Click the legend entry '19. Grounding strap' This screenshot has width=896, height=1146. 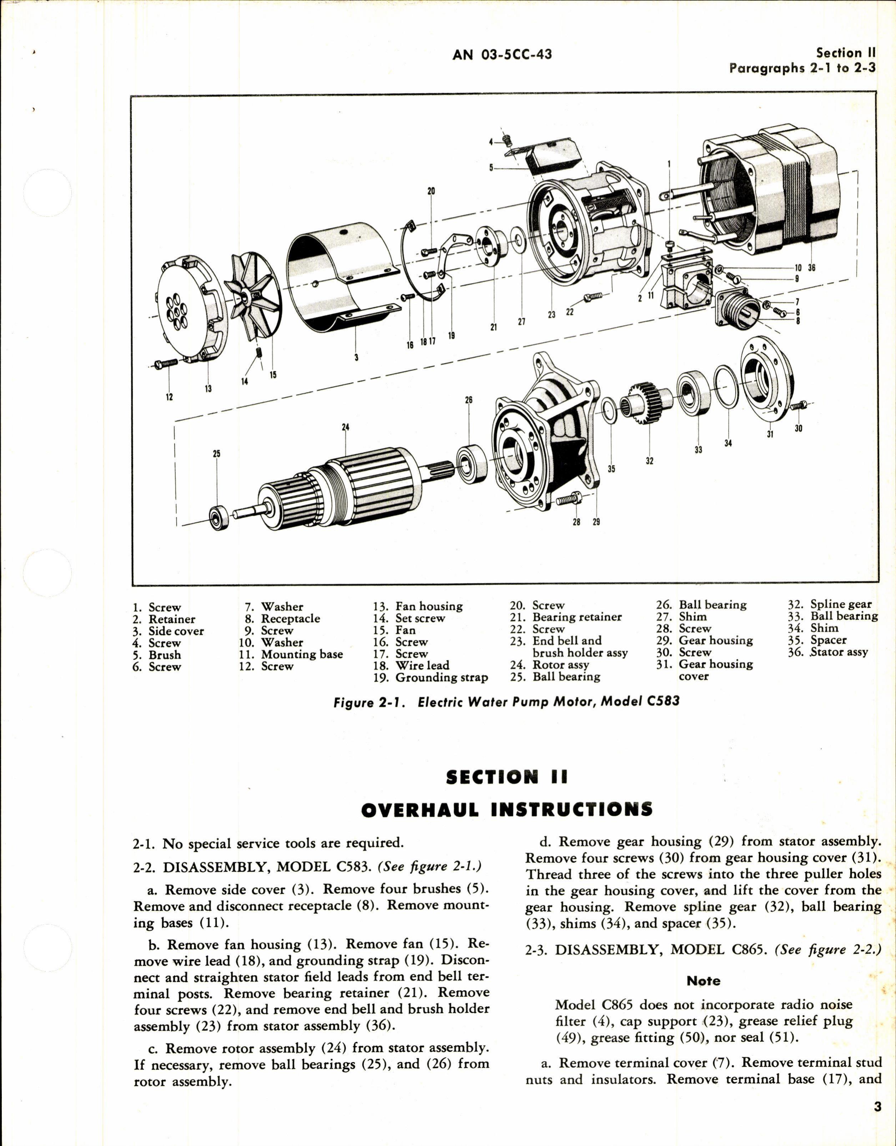[431, 678]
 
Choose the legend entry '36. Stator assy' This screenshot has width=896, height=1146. [828, 652]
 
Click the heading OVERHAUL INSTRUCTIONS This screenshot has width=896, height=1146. [507, 810]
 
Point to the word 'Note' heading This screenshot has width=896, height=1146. [703, 981]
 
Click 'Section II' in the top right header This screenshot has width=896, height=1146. [846, 53]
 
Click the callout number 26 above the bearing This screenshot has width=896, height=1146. [469, 400]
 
